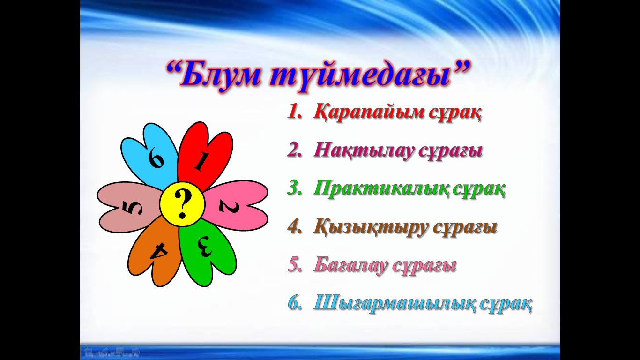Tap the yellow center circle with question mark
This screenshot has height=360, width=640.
click(182, 204)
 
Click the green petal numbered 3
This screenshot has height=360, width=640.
click(208, 252)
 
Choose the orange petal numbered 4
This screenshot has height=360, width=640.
click(156, 251)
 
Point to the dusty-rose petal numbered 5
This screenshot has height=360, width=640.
click(130, 207)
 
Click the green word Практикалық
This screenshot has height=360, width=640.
click(380, 189)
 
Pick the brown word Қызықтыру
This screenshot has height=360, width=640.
click(371, 228)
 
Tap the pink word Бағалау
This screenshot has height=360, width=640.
click(351, 266)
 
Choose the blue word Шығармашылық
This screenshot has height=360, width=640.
click(394, 304)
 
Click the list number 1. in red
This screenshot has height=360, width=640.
click(295, 112)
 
